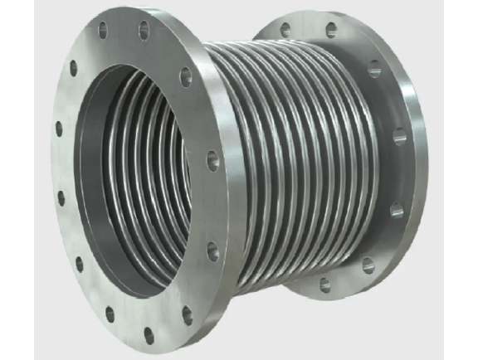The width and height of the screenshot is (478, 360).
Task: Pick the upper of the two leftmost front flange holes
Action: coord(57,130)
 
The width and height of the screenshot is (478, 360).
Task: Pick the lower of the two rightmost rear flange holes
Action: coord(396,212)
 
